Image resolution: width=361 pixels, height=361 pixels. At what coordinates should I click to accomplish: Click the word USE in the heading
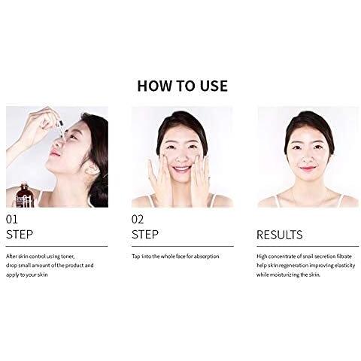coord(214,86)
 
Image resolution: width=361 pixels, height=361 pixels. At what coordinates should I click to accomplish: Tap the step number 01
coord(12,220)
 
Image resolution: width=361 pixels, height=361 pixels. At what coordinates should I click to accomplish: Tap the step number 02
coord(138,220)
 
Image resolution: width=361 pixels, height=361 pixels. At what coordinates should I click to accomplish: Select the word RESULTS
coord(280,235)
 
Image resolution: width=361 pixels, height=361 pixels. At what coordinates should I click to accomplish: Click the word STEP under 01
coord(20,235)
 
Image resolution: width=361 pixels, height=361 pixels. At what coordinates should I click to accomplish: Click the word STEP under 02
coord(145,235)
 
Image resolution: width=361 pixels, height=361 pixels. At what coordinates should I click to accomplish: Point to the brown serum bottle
coord(24,196)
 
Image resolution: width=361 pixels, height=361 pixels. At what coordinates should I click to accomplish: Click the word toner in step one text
coord(68,256)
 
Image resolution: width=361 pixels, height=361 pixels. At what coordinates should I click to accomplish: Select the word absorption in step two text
coord(206,256)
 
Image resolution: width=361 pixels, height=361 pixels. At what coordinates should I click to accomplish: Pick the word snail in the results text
coord(308,256)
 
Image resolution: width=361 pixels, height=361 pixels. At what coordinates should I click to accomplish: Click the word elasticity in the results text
coord(344,265)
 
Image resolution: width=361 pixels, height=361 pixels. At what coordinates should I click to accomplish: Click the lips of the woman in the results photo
coord(308,168)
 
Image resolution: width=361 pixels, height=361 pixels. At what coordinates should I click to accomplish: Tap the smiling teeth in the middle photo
coord(181,168)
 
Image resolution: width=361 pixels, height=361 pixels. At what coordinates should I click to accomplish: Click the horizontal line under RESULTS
coord(308,246)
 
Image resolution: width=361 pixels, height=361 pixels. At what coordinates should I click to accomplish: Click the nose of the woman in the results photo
coord(308,157)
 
